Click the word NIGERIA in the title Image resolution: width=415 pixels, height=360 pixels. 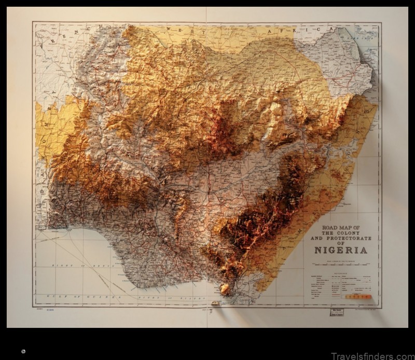pos(340,250)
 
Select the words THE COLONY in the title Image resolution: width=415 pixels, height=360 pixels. pos(340,233)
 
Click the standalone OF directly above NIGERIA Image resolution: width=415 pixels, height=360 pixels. pos(340,243)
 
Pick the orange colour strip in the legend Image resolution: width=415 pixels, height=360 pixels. pos(358,296)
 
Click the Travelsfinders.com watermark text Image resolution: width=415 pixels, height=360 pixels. pos(369,355)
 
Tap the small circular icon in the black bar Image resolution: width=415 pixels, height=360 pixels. pos(23,351)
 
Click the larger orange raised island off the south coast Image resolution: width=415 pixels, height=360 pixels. pos(225,289)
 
